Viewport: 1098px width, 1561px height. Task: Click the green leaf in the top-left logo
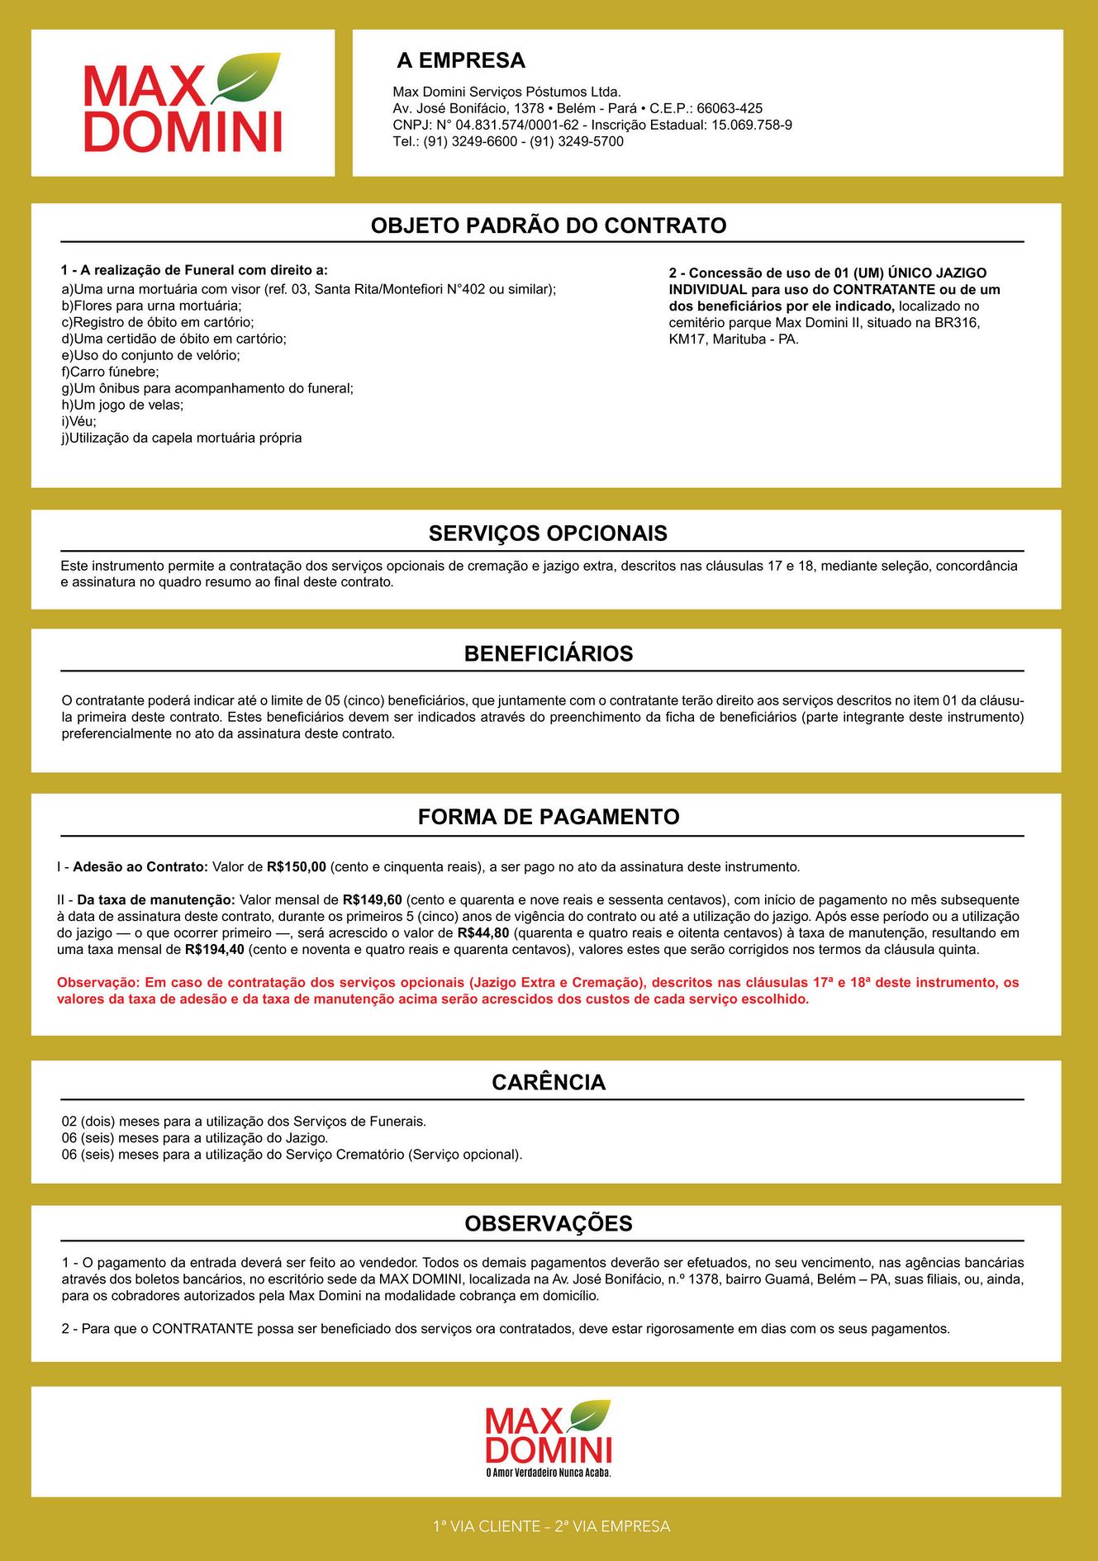coord(247,77)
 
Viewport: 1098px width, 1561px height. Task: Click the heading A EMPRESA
coord(460,60)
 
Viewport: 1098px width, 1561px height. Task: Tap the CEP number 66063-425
coord(729,108)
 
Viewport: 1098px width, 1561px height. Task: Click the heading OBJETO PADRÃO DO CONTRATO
coord(548,225)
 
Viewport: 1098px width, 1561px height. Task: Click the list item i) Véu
coord(78,421)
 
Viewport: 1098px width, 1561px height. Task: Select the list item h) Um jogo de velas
coord(122,405)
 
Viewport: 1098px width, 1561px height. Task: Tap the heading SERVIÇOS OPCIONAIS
coord(548,534)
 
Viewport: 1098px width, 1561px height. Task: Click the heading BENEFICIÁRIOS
coord(548,654)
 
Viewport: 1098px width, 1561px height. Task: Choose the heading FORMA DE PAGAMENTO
coord(548,817)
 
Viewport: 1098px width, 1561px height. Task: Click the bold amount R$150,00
coord(297,867)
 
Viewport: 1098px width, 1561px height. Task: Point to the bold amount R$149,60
coord(372,899)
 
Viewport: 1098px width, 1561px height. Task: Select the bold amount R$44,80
coord(482,932)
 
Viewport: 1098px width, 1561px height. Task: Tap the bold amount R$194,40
coord(215,949)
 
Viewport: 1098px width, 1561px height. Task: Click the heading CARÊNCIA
coord(548,1082)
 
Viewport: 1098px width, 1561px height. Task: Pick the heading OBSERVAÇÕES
coord(548,1223)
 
